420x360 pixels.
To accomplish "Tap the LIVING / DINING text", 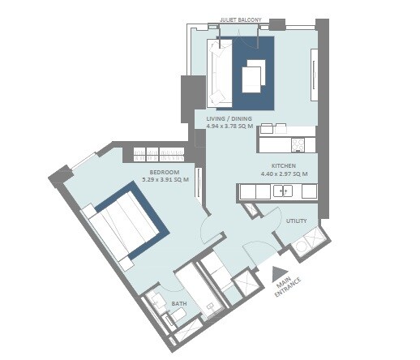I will (x=229, y=118).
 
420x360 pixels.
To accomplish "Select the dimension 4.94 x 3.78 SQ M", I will (x=229, y=126).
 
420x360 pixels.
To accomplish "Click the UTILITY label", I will (x=295, y=220).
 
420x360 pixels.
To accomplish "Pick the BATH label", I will (x=179, y=304).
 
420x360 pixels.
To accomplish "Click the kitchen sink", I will (x=283, y=191).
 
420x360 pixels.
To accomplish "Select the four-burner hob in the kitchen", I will (x=298, y=145).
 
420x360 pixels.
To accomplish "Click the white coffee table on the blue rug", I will (x=253, y=74).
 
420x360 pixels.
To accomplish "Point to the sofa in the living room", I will (x=217, y=73).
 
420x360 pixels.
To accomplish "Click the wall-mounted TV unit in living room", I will (x=315, y=75).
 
